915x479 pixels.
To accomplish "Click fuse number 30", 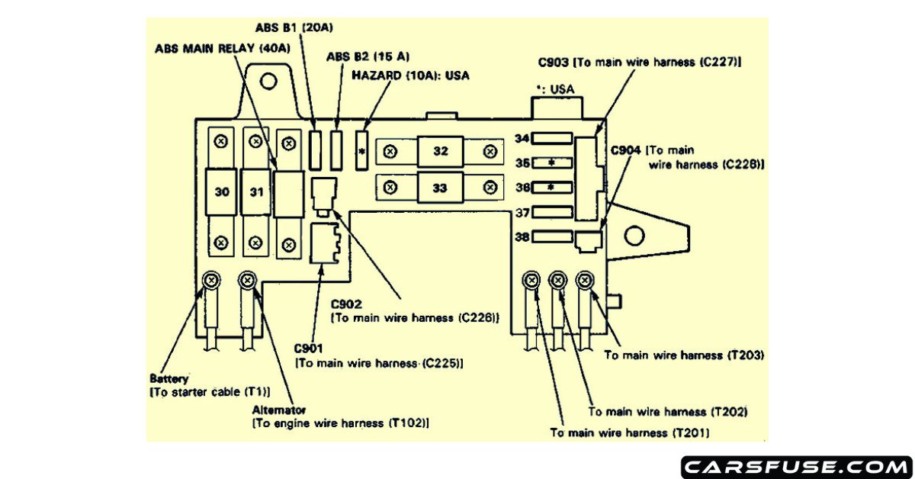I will point(221,191).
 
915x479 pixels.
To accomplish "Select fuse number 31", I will point(256,191).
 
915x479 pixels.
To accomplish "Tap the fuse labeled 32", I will point(441,151).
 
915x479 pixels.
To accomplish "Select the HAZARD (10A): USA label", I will point(410,76).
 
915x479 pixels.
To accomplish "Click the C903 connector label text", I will point(639,62).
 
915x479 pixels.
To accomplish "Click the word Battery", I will point(169,378).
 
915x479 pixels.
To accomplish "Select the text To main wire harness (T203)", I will point(683,355).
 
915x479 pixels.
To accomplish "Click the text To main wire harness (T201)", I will point(630,432).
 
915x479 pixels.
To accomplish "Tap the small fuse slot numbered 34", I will point(551,137).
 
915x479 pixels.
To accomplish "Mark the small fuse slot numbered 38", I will point(551,237).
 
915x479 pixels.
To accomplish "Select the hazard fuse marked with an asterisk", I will point(362,150).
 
